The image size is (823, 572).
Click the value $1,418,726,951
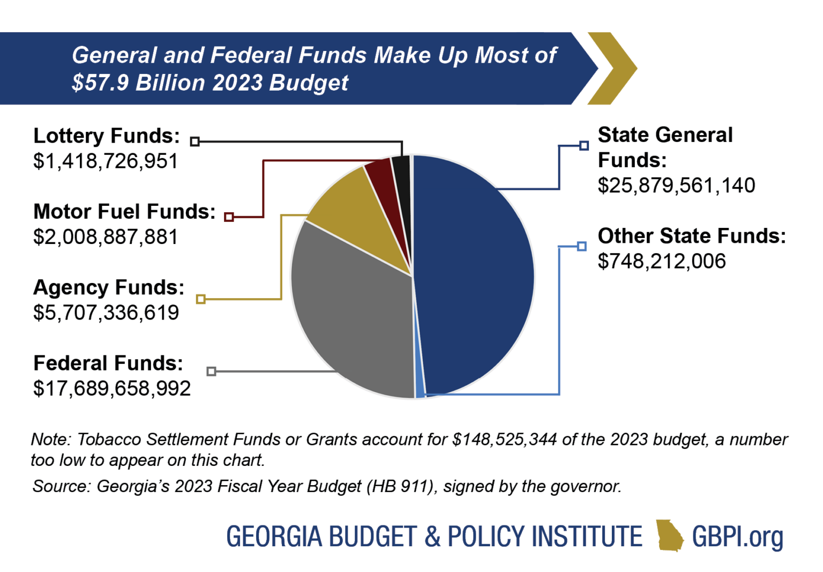106,161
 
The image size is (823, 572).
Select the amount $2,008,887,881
106,237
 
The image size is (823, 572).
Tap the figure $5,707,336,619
106,313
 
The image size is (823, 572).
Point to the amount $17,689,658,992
112,389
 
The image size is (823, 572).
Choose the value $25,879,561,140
676,185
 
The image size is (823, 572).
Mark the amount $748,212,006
662,261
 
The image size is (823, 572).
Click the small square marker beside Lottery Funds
195,142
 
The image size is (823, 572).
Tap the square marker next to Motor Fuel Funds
229,217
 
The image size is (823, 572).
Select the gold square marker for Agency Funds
201,299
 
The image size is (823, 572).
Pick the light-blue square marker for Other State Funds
582,246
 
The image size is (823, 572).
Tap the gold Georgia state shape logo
670,535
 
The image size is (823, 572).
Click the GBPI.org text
737,536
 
